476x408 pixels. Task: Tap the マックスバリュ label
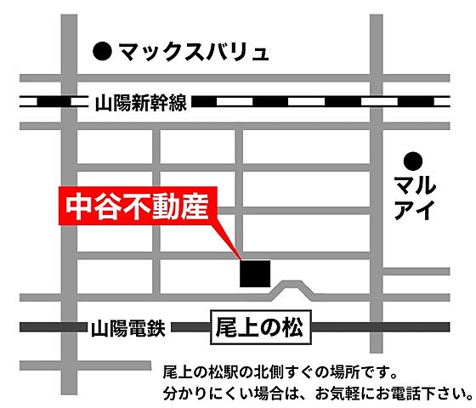(193, 53)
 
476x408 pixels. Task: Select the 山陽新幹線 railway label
(140, 102)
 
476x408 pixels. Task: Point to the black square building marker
(255, 273)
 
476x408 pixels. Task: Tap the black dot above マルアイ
(414, 160)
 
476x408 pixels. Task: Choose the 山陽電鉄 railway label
(128, 326)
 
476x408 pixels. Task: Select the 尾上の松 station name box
(260, 326)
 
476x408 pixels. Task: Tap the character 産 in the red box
(195, 207)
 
